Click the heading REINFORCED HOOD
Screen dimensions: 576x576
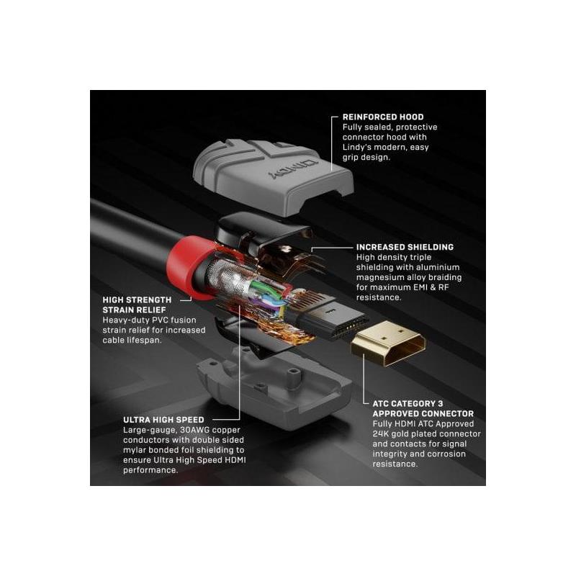coord(383,117)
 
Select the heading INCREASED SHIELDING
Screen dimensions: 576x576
coord(405,247)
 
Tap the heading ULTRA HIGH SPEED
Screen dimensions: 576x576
coord(163,420)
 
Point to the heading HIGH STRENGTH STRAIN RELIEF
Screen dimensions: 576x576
coord(137,305)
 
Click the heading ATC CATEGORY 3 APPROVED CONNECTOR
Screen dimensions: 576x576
coord(423,408)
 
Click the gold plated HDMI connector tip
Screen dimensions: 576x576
coord(389,343)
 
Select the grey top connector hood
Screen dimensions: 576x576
coord(273,176)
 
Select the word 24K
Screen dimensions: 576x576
coord(380,434)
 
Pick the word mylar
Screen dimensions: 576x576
coord(134,451)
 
